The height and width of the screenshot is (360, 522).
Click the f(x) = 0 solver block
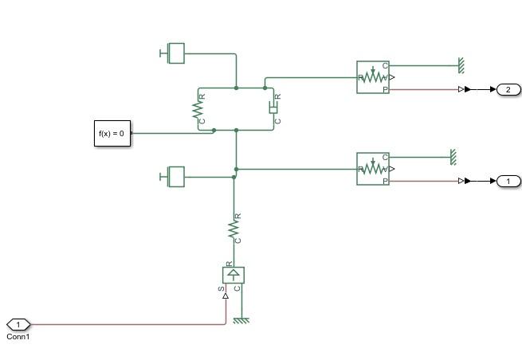pos(111,133)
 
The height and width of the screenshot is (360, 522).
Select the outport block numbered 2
pos(508,89)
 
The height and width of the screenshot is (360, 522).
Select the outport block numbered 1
pos(508,182)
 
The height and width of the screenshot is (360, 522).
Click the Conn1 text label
pos(18,336)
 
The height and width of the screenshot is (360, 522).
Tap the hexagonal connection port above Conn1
pos(18,324)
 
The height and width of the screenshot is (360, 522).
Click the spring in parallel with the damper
pos(198,109)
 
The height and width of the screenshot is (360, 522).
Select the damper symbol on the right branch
pos(273,108)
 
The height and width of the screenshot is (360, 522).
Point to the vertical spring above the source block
pos(234,229)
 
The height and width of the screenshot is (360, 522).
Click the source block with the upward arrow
pos(234,275)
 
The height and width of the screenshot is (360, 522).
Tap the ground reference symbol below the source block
pos(241,320)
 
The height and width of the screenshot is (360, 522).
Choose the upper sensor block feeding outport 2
pos(373,77)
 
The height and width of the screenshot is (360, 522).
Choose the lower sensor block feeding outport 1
pos(373,169)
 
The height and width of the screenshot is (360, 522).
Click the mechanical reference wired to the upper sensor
pos(461,63)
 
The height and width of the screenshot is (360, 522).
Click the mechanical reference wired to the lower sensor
pos(453,155)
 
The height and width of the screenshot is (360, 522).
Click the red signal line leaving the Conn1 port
pos(128,324)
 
